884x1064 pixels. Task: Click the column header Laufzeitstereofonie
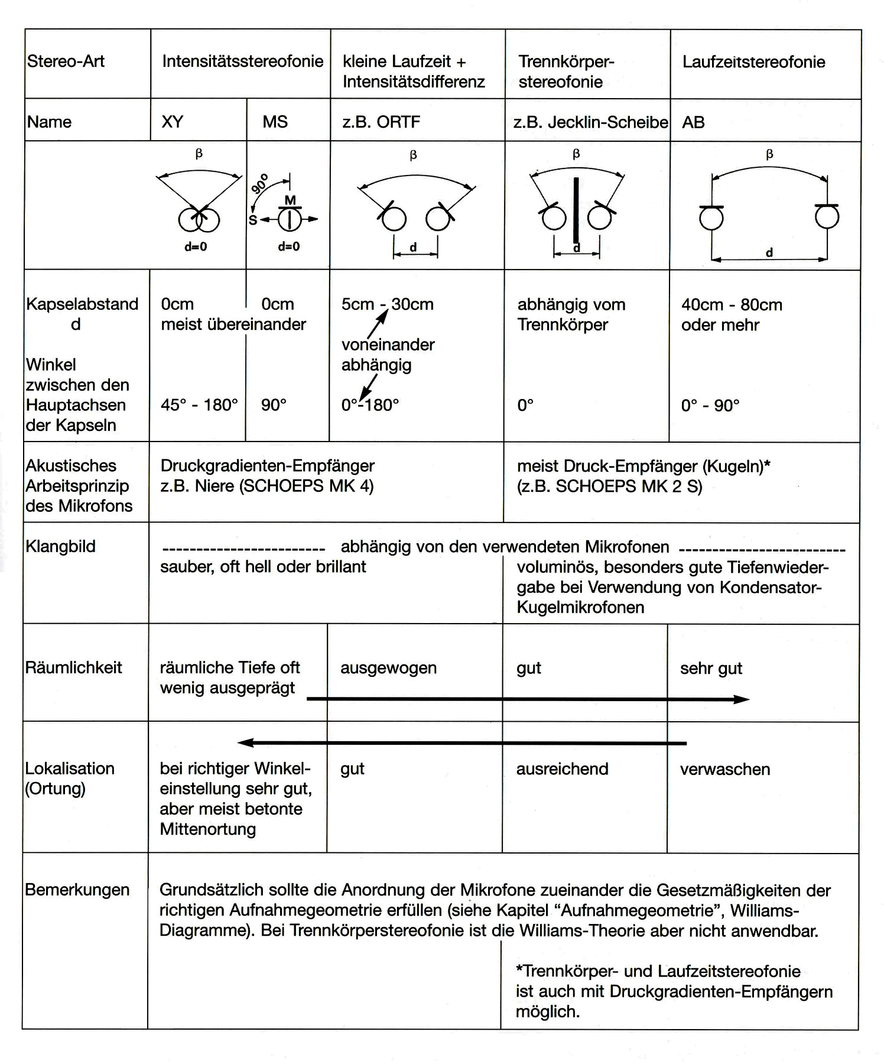pos(753,62)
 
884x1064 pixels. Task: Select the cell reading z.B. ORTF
pos(381,122)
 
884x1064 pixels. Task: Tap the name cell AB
pos(693,122)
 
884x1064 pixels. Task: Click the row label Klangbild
pos(60,546)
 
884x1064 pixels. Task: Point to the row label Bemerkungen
pos(77,890)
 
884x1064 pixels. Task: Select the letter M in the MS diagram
pos(290,200)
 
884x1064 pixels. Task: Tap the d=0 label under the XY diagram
pos(196,247)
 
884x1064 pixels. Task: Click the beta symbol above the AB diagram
pos(769,155)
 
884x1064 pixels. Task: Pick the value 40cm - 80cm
pos(732,305)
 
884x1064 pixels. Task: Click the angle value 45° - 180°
pos(199,405)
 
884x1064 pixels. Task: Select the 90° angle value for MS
pos(274,405)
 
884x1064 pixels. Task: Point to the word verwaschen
pos(725,769)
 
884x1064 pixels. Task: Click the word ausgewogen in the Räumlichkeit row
pos(388,668)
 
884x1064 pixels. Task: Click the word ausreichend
pos(562,769)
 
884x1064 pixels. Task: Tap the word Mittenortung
pos(208,829)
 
